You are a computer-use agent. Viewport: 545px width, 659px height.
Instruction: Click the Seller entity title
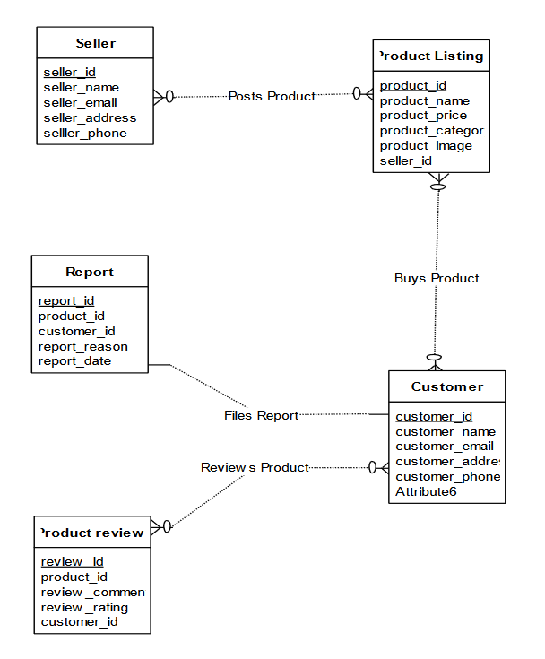click(95, 43)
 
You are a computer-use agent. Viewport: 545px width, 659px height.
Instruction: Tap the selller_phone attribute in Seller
click(85, 133)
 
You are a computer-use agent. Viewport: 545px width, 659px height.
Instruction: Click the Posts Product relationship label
click(272, 96)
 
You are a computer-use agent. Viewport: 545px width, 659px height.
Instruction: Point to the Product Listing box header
click(432, 56)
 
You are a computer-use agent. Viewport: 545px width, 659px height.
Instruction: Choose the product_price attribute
click(423, 116)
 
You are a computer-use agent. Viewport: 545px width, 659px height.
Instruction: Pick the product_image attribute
click(426, 145)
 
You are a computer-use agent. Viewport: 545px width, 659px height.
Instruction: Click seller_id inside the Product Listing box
click(406, 160)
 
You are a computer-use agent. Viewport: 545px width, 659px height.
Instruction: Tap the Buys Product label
click(437, 278)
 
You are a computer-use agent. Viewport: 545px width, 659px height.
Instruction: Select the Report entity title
click(90, 272)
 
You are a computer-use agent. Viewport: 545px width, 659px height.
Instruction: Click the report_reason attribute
click(82, 346)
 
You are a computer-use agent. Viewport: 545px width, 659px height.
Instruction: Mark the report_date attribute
click(74, 360)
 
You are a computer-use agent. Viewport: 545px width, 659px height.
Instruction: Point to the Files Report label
click(261, 415)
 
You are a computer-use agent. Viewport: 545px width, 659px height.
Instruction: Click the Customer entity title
click(447, 386)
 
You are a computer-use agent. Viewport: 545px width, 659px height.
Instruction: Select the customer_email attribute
click(444, 446)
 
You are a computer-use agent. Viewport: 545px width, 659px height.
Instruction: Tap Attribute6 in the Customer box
click(427, 491)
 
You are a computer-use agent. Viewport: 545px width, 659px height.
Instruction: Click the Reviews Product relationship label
click(255, 467)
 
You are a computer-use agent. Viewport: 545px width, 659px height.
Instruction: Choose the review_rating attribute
click(84, 607)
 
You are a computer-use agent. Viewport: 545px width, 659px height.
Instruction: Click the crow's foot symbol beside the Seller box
click(161, 96)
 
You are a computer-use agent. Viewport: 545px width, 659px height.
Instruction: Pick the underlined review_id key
click(72, 561)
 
